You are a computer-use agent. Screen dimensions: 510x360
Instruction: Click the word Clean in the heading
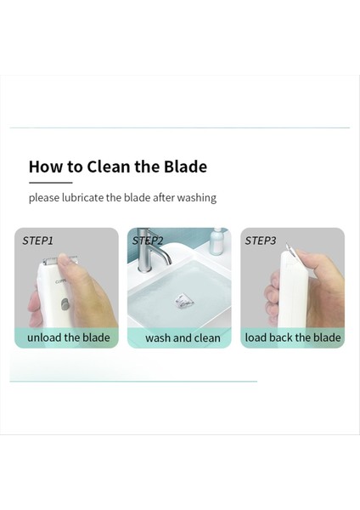point(110,167)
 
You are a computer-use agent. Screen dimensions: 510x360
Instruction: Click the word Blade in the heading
point(186,167)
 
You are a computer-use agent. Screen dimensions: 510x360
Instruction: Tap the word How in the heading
point(45,167)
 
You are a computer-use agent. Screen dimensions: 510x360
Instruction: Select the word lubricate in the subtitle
point(82,197)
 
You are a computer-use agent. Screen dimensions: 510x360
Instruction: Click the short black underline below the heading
point(50,182)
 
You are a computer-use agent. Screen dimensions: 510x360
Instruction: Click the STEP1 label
point(38,241)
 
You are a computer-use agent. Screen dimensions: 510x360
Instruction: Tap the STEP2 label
point(148,241)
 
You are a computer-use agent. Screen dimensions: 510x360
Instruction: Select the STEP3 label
point(261,241)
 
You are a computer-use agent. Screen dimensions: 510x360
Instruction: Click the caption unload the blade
point(68,337)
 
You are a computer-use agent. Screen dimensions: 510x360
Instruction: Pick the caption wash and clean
point(183,337)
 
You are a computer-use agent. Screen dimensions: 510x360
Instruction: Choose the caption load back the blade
point(293,337)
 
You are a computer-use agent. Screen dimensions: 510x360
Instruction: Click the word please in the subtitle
point(43,197)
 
